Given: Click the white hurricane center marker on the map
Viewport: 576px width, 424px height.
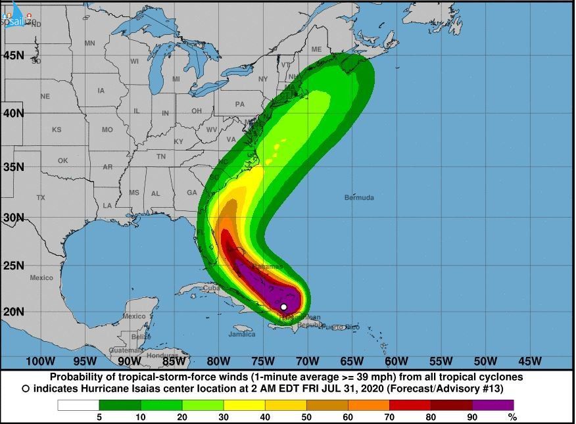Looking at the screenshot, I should pos(283,307).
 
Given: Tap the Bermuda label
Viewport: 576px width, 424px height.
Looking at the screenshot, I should pos(359,197).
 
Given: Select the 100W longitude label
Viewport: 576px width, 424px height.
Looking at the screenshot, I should pos(39,361).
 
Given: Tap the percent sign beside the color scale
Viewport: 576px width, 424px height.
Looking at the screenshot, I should pos(512,417).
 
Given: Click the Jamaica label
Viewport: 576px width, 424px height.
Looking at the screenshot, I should pos(241,334).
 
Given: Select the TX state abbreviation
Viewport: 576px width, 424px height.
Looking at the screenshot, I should pos(41,197).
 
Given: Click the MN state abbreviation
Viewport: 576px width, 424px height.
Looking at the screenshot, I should pos(90,43).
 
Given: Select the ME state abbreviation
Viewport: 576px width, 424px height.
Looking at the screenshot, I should pos(317,49).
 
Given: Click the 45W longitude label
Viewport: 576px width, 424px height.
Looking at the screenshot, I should pos(529,361).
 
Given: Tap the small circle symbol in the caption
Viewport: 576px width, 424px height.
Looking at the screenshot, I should pos(25,389).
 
